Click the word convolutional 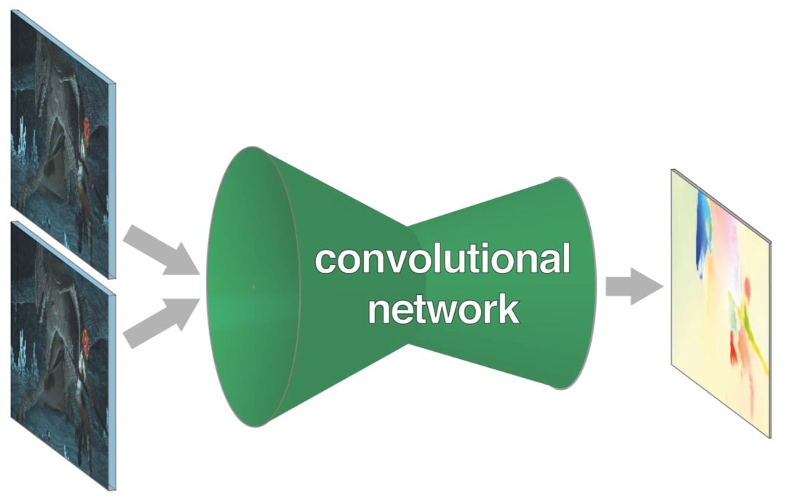coord(442,259)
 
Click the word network coord(444,308)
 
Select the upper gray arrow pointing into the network coord(161,251)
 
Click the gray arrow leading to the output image coord(634,286)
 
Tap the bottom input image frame coord(63,355)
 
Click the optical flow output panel coord(721,304)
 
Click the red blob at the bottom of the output coord(734,346)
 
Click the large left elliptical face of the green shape coord(253,287)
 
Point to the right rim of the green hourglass coord(581,283)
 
